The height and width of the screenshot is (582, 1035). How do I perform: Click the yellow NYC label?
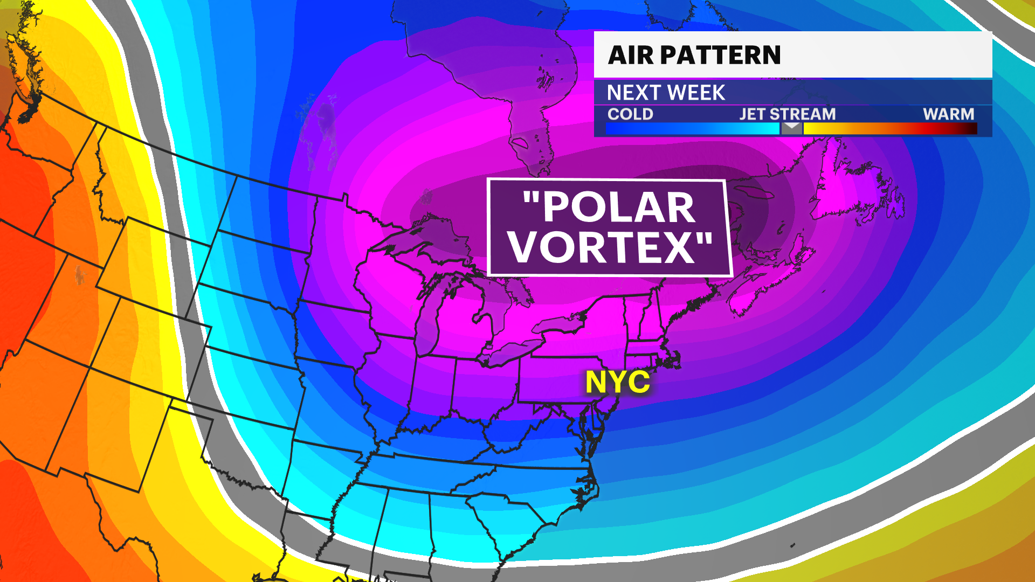(618, 382)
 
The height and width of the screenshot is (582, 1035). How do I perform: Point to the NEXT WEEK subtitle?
(666, 93)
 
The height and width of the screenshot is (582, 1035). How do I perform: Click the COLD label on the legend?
(630, 114)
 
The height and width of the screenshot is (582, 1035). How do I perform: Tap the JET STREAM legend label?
(787, 114)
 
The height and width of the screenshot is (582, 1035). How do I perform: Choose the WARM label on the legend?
(948, 114)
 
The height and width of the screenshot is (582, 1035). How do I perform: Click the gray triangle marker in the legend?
(791, 127)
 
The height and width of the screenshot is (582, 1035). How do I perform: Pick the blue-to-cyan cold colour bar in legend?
(692, 128)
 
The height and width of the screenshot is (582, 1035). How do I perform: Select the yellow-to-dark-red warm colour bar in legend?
(889, 128)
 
